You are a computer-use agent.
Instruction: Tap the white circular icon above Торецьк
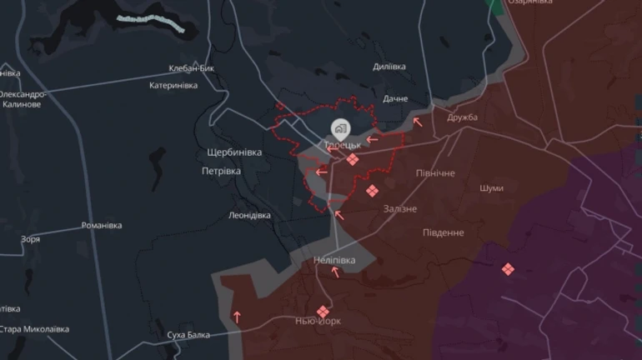(x=340, y=128)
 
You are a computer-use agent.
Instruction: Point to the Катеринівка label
(x=173, y=85)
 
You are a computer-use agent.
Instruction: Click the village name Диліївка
(x=389, y=66)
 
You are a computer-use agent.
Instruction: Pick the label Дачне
(x=395, y=98)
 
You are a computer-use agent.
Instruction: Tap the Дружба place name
(x=462, y=117)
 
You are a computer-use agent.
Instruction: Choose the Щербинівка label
(x=234, y=152)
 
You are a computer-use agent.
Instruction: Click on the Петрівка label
(x=221, y=171)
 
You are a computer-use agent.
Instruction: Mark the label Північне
(x=435, y=172)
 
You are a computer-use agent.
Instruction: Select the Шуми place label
(x=491, y=188)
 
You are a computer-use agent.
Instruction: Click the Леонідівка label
(x=249, y=215)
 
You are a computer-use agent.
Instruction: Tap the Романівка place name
(x=102, y=226)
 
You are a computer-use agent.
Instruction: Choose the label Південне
(x=443, y=232)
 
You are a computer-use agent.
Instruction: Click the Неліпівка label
(x=334, y=261)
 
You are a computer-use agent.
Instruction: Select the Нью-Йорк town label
(x=318, y=321)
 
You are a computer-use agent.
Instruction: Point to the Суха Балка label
(x=188, y=335)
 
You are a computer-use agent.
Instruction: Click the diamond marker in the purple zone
(x=508, y=269)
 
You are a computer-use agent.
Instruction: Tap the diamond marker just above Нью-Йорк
(x=323, y=311)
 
